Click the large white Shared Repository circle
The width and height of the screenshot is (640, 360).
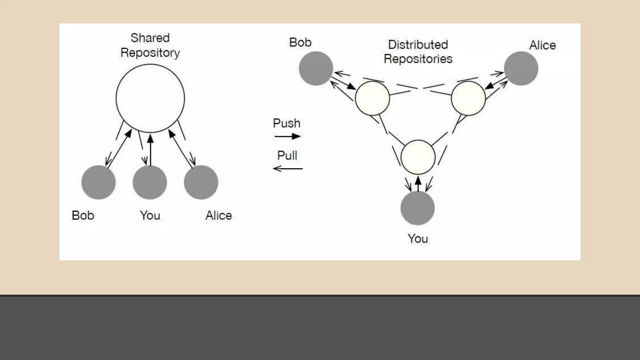click(x=150, y=98)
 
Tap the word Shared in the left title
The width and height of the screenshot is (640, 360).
click(x=150, y=38)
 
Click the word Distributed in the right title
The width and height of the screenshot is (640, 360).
click(x=418, y=45)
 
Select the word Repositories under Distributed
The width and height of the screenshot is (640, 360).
click(x=418, y=59)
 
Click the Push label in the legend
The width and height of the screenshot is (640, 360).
click(x=287, y=123)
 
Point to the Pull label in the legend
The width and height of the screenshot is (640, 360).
click(x=287, y=155)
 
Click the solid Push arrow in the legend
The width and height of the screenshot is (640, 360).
click(x=287, y=136)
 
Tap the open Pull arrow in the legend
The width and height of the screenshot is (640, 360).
click(x=287, y=169)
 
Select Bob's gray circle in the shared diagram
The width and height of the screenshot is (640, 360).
click(x=98, y=182)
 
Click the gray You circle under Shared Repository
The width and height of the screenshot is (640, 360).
click(x=150, y=182)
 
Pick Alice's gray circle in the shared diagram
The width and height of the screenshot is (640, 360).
click(x=201, y=182)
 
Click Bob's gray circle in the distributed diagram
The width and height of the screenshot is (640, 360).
click(x=316, y=68)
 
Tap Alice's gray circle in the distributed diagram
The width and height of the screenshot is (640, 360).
click(x=521, y=68)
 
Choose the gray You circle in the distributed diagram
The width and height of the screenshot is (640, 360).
click(x=417, y=208)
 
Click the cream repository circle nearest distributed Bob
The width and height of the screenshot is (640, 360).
click(x=372, y=98)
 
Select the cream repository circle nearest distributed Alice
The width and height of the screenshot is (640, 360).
click(x=468, y=98)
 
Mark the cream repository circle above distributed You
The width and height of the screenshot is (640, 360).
click(x=418, y=157)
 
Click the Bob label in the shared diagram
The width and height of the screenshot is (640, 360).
click(x=83, y=216)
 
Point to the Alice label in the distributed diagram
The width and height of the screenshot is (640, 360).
click(x=542, y=45)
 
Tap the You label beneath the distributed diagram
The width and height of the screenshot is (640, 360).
click(x=417, y=239)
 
